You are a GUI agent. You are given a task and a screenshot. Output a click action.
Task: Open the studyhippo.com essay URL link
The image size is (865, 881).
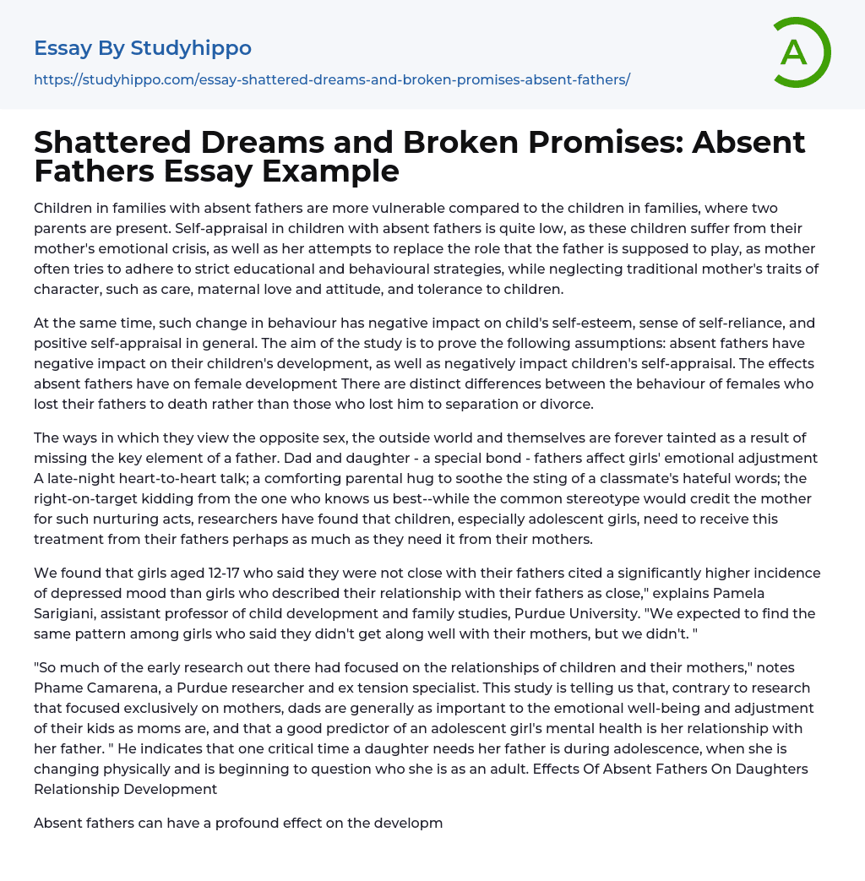click(x=332, y=80)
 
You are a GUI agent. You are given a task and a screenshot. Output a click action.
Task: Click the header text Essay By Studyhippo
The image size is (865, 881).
click(x=143, y=48)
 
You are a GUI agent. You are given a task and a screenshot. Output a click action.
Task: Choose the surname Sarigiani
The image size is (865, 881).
click(x=65, y=613)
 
